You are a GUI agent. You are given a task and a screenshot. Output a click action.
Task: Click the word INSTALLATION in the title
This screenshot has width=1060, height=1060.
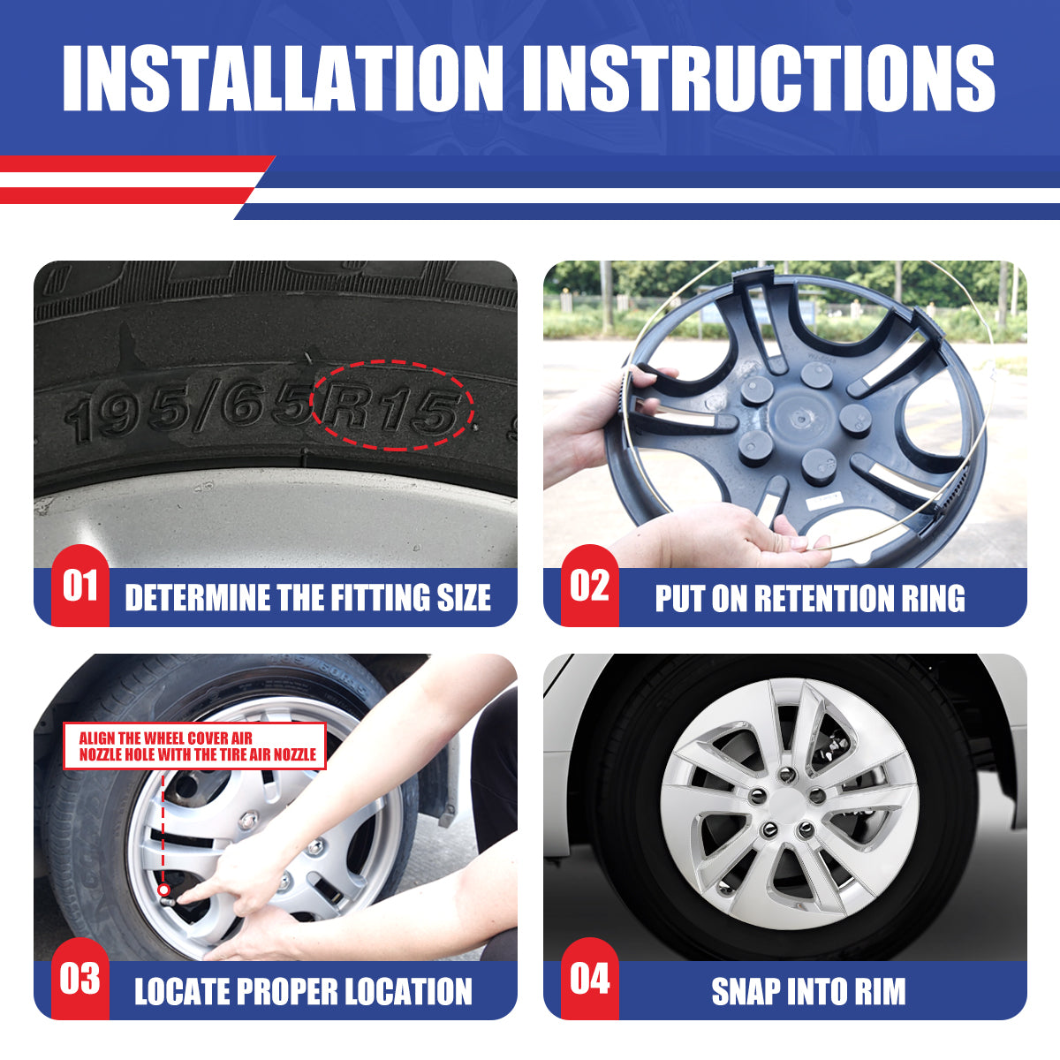point(283,78)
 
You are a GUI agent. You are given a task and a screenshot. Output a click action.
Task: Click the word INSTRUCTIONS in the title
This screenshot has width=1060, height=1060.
point(759,78)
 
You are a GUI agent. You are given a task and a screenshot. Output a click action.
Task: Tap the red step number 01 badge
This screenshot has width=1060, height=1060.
point(80,586)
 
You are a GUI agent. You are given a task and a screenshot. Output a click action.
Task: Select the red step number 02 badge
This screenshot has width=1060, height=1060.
point(590,586)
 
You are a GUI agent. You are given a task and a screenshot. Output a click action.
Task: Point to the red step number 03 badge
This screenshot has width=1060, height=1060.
point(80,979)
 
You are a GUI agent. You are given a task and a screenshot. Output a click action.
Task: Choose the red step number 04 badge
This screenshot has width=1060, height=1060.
point(590,979)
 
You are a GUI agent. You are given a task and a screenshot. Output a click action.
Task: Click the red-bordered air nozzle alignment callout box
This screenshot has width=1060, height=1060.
point(194,746)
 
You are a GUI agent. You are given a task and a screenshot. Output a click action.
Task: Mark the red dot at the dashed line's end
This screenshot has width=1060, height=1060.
point(163,890)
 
